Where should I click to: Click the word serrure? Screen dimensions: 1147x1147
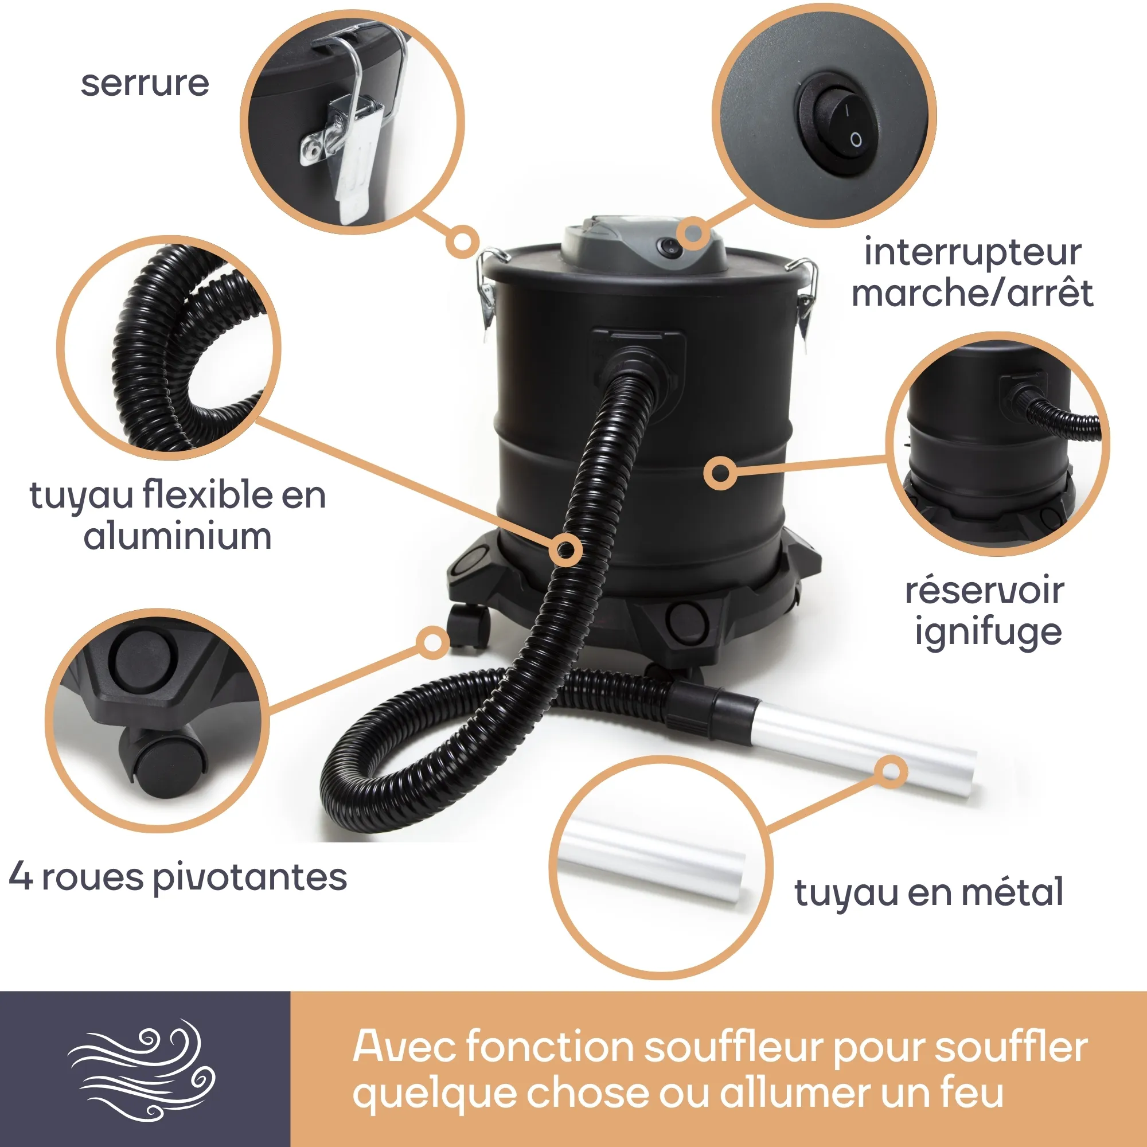point(145,84)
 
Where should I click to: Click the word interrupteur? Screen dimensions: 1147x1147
point(972,252)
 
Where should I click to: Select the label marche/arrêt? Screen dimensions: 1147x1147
point(972,293)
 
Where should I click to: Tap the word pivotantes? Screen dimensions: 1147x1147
point(250,877)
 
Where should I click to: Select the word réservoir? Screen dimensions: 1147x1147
point(984,591)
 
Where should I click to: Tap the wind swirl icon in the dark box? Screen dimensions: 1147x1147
point(142,1070)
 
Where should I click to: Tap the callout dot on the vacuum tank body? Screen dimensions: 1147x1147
point(721,473)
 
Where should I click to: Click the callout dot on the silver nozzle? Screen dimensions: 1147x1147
point(891,772)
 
